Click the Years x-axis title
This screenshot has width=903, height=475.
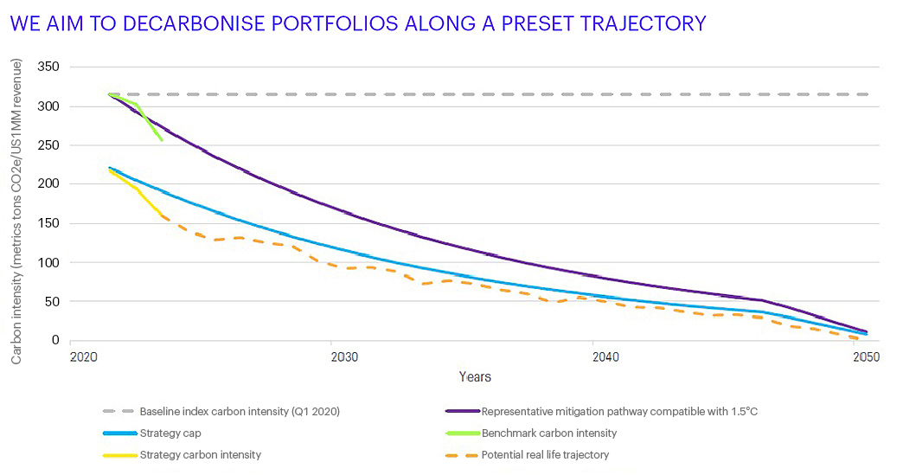click(475, 376)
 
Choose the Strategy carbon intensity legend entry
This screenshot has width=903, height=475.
click(200, 455)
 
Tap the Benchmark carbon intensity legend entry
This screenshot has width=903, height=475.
click(548, 433)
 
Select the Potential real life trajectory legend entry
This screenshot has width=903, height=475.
click(545, 455)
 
